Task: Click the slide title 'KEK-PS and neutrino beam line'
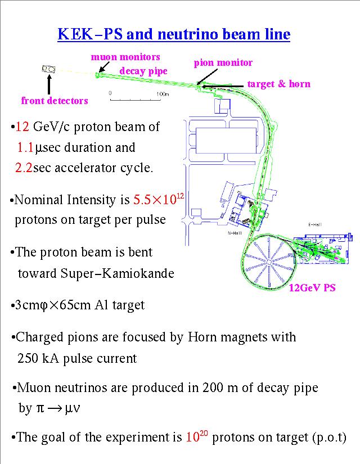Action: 174,35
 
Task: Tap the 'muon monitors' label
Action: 125,57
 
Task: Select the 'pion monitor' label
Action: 223,62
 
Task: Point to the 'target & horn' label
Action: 278,84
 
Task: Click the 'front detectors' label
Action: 55,101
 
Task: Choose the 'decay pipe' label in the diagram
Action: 143,70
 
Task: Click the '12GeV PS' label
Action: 312,288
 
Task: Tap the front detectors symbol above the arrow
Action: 49,69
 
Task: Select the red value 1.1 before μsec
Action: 26,148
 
